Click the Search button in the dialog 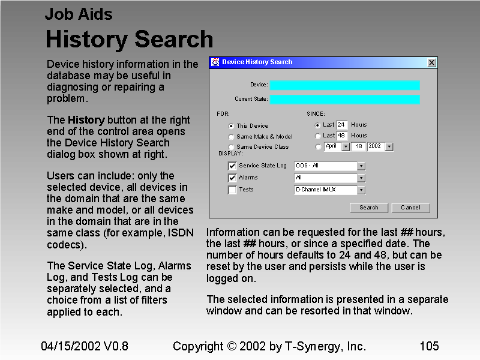[369, 208]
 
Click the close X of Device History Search [431, 62]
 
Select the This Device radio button [231, 126]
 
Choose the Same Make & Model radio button [231, 137]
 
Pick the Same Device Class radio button [231, 147]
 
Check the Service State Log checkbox [232, 166]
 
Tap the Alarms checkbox [232, 178]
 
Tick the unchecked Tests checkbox [232, 190]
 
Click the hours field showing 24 [342, 125]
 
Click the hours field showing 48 [342, 136]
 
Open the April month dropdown [345, 146]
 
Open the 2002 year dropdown [389, 146]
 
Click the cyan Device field [344, 85]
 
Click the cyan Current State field [344, 99]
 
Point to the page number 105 [429, 346]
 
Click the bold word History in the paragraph [86, 120]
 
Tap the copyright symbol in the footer [232, 346]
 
